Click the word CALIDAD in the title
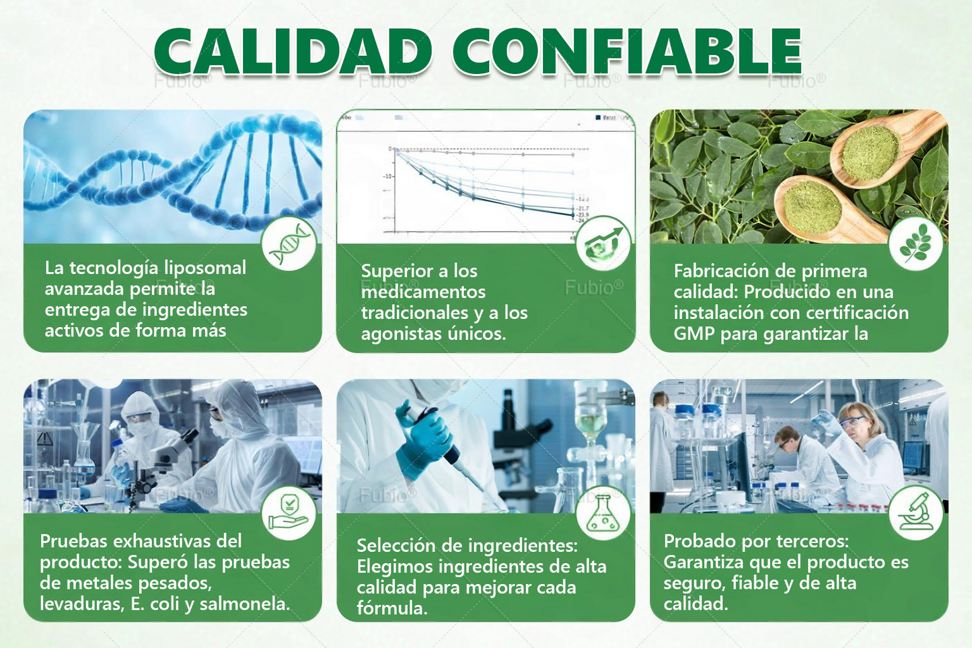tap(293, 52)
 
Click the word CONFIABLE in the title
tap(626, 52)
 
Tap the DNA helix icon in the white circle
tap(289, 244)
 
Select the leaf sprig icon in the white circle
tap(915, 244)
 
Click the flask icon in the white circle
tap(603, 513)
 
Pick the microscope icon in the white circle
tap(915, 512)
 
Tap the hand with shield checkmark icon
tap(289, 512)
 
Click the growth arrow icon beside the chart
tap(603, 244)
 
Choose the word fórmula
tap(391, 609)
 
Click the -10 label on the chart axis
tap(387, 176)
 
